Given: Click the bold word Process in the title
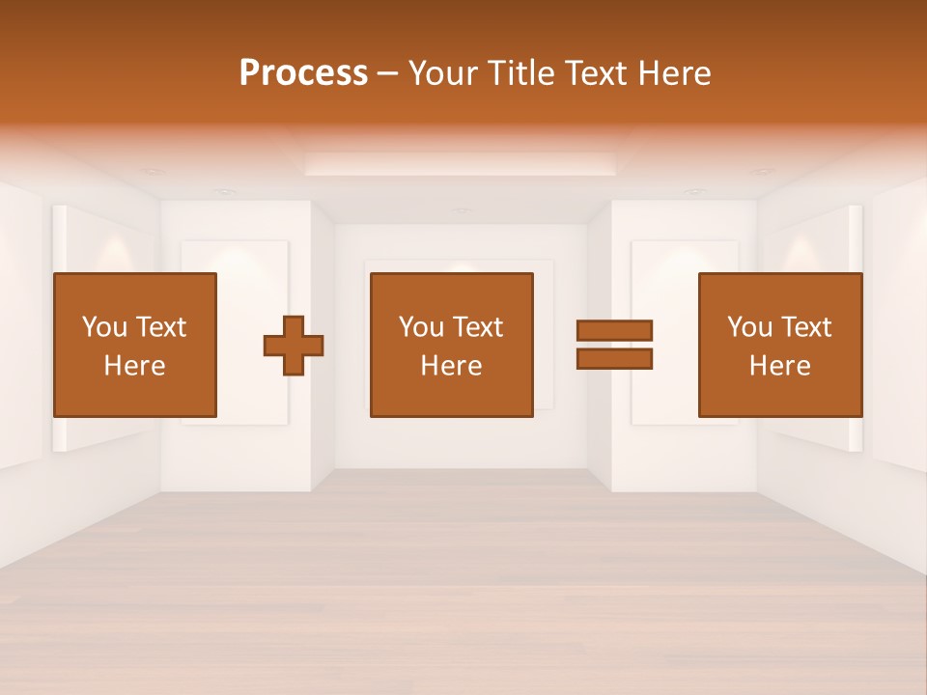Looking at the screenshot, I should [x=303, y=73].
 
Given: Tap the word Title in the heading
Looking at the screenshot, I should [x=521, y=73].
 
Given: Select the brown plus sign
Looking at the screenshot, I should [x=294, y=346].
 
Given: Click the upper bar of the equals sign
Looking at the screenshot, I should [x=614, y=330].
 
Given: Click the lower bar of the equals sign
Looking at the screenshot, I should [x=614, y=358].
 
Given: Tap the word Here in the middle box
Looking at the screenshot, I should [x=451, y=366].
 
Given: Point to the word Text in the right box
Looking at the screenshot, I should [x=805, y=327].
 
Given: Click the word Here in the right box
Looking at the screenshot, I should [x=779, y=366].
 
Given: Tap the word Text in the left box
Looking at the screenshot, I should [x=160, y=327].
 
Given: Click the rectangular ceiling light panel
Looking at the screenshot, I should [x=460, y=163].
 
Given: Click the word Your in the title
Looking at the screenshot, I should [x=445, y=73].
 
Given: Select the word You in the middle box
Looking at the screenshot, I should [x=420, y=327].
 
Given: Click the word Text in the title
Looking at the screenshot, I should [x=594, y=73].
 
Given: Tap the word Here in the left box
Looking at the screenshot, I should [x=134, y=366].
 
